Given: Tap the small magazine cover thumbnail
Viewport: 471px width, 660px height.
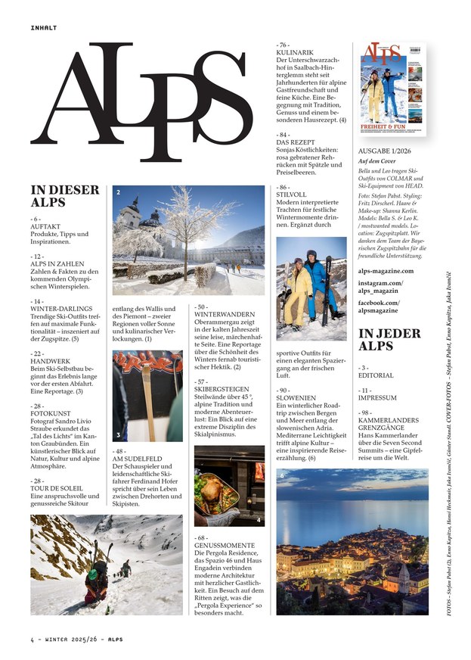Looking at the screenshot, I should click(x=393, y=89).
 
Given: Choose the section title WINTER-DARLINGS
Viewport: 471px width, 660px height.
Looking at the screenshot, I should click(x=62, y=308).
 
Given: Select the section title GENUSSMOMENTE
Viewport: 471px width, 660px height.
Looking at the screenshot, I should click(x=226, y=544).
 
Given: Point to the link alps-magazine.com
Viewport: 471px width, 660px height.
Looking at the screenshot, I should click(x=386, y=270).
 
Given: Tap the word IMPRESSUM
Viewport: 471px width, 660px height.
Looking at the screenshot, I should click(x=378, y=397).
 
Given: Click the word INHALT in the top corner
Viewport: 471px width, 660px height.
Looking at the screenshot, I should click(x=44, y=27).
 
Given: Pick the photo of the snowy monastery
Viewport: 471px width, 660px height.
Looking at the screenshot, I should click(x=188, y=239).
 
